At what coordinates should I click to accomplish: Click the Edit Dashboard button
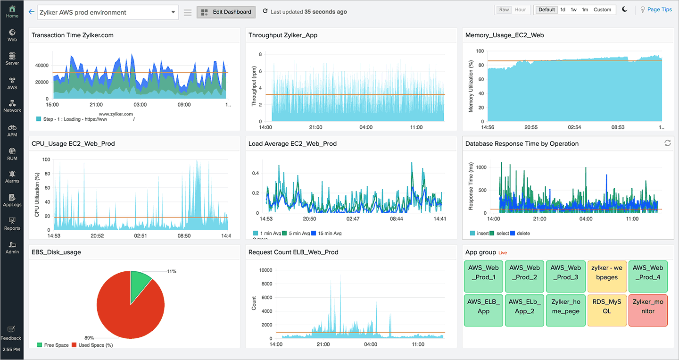226,12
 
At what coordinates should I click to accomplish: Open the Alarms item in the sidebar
12,176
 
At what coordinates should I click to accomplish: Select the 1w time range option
573,10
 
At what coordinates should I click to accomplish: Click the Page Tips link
659,10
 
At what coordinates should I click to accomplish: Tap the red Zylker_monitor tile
648,306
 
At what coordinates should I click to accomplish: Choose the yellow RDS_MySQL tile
607,306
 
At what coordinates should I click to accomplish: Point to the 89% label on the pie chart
89,338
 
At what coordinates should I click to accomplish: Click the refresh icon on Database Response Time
668,143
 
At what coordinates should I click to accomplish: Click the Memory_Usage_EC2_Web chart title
504,35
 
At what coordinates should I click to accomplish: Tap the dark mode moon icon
625,9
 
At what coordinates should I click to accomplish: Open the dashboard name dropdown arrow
173,12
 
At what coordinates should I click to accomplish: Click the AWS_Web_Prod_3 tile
565,272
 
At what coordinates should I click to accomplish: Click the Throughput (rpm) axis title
254,87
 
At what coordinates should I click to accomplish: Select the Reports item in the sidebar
12,224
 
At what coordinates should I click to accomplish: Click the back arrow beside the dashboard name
32,12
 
